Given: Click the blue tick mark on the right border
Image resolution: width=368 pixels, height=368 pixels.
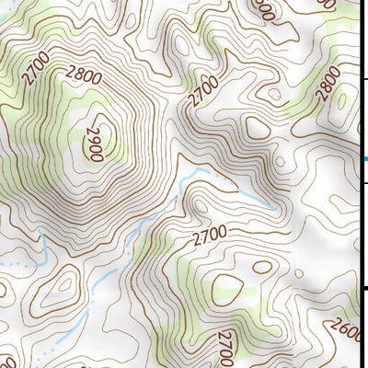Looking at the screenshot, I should click(x=363, y=158).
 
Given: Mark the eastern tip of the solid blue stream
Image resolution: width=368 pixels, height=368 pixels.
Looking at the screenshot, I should click(x=272, y=204).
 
